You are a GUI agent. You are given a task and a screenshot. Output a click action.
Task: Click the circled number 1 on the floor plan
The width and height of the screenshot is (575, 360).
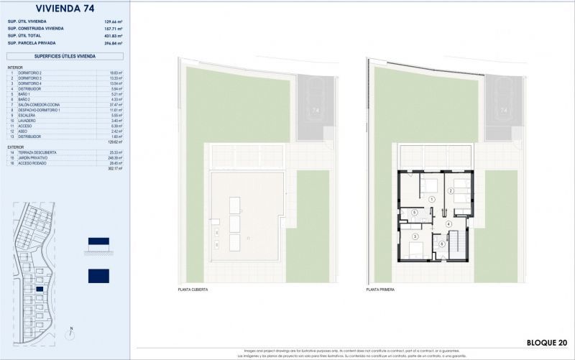[432, 198]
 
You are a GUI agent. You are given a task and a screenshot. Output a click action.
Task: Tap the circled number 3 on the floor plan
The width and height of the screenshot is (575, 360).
[415, 236]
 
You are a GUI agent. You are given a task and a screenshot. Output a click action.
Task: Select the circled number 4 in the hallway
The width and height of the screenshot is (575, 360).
[448, 223]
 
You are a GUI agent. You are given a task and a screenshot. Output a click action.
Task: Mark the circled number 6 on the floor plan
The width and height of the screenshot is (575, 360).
[442, 243]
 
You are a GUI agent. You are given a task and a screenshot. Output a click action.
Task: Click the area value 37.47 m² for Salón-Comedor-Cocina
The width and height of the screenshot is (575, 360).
[113, 104]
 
